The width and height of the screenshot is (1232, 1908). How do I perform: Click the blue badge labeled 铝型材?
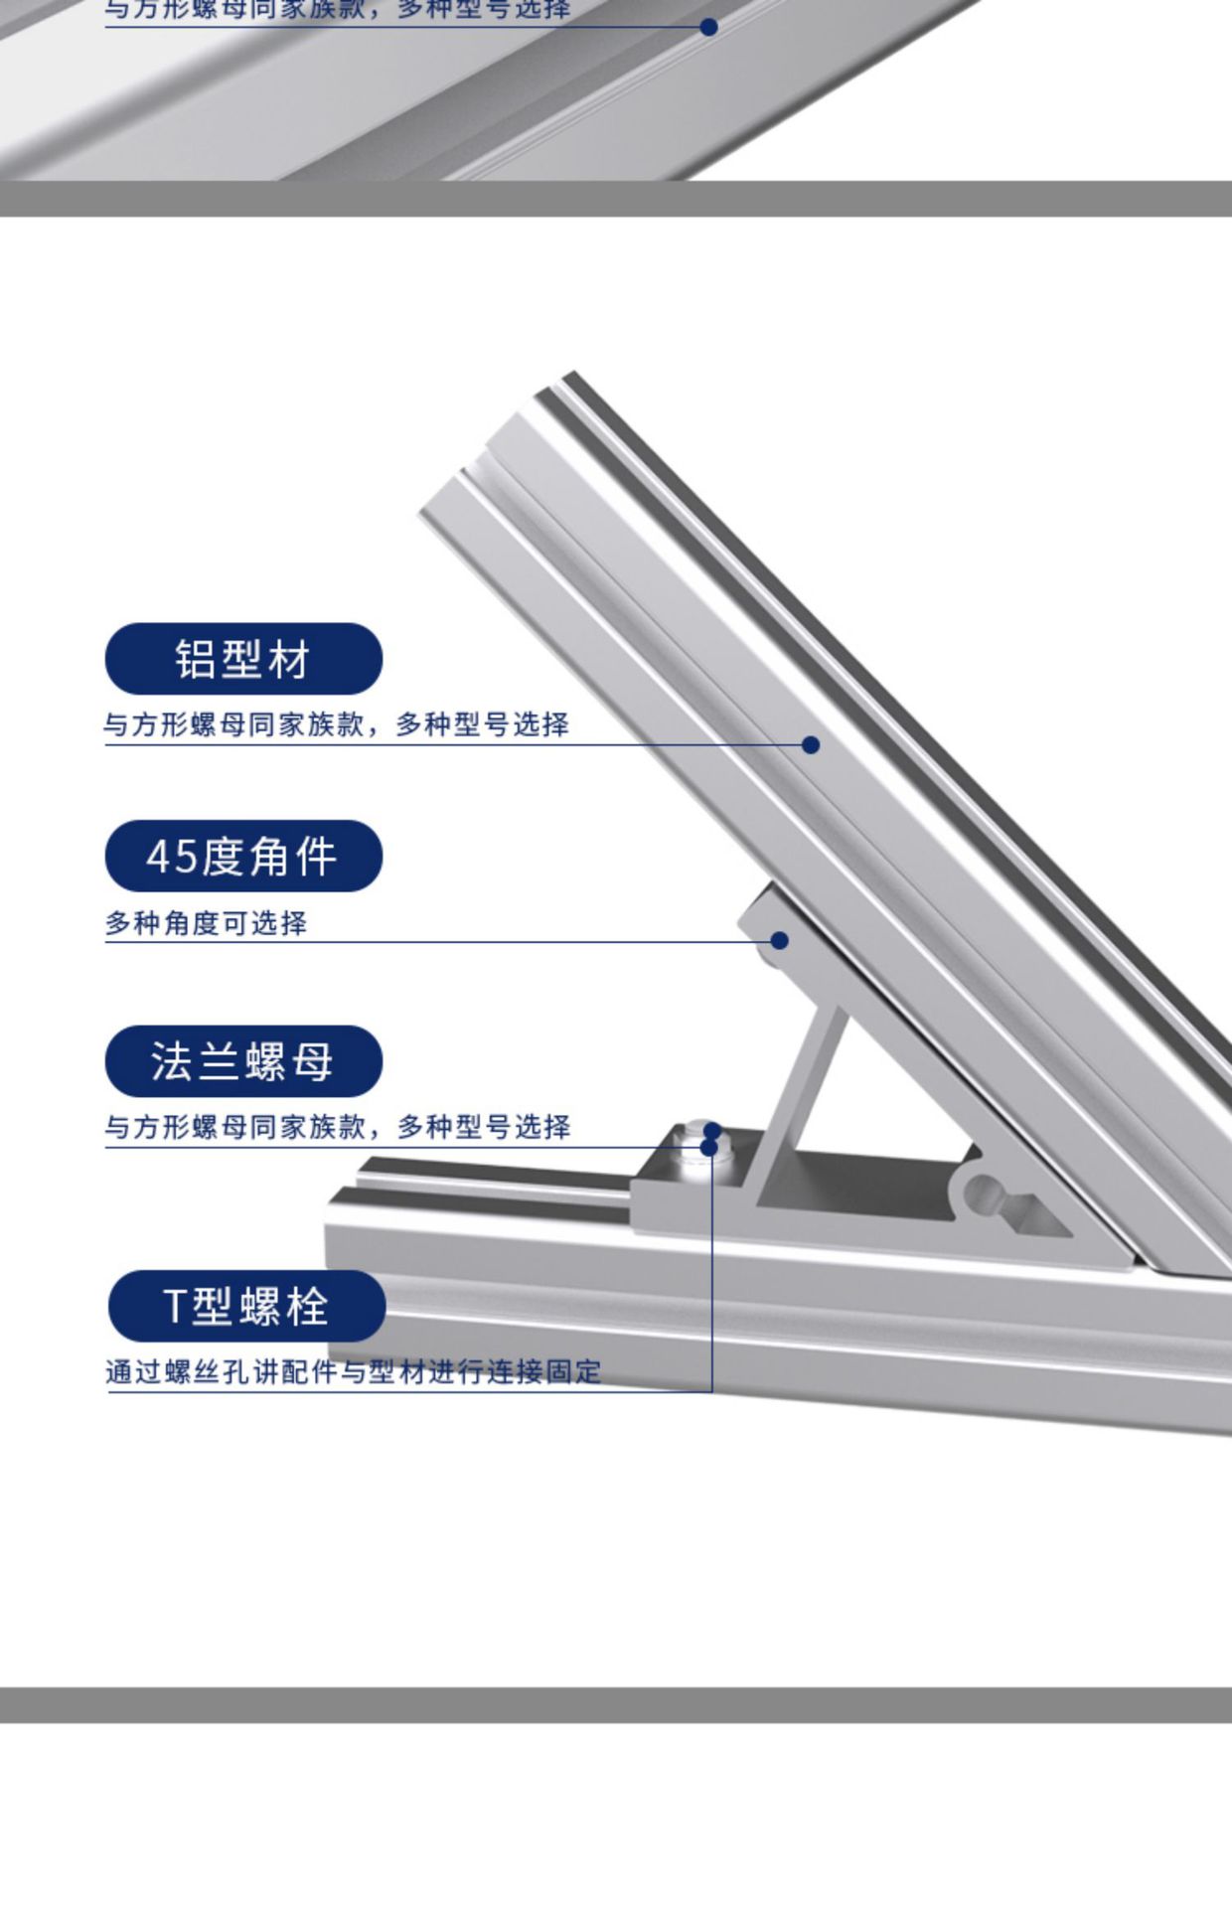tap(243, 659)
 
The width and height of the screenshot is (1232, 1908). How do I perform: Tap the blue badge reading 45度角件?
tap(243, 856)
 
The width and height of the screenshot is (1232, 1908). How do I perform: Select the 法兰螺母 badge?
tap(243, 1061)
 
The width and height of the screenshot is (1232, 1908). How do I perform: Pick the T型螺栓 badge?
tap(246, 1306)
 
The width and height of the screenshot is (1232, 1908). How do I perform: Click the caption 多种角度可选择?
tap(207, 923)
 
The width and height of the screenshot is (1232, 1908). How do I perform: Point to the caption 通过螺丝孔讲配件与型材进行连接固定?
tap(354, 1372)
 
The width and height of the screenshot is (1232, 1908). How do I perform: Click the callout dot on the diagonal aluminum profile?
tap(811, 744)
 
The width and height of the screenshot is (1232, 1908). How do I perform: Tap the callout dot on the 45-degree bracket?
tap(780, 940)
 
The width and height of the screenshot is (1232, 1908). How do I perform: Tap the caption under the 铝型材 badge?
tap(336, 724)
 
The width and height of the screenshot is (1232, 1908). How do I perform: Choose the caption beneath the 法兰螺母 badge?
tap(338, 1127)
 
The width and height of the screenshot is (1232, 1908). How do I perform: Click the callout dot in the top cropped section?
tap(708, 27)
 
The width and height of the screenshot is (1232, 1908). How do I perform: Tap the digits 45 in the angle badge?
tap(172, 857)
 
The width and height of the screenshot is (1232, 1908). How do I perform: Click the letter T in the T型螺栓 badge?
tap(175, 1307)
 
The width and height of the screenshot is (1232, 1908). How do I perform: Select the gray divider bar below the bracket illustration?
tap(616, 1704)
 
